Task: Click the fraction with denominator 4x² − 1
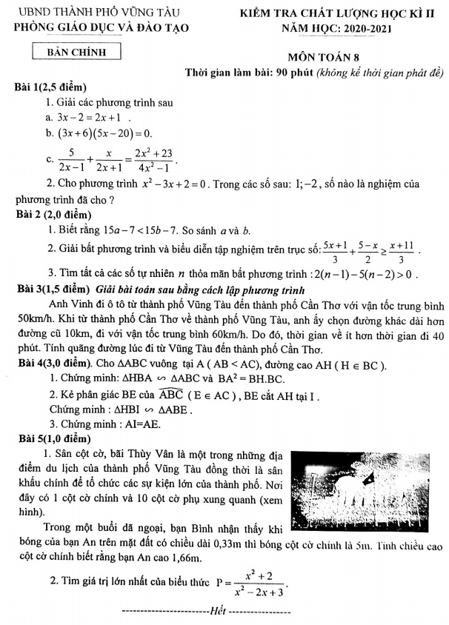tap(155, 159)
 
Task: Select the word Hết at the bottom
tap(216, 611)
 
